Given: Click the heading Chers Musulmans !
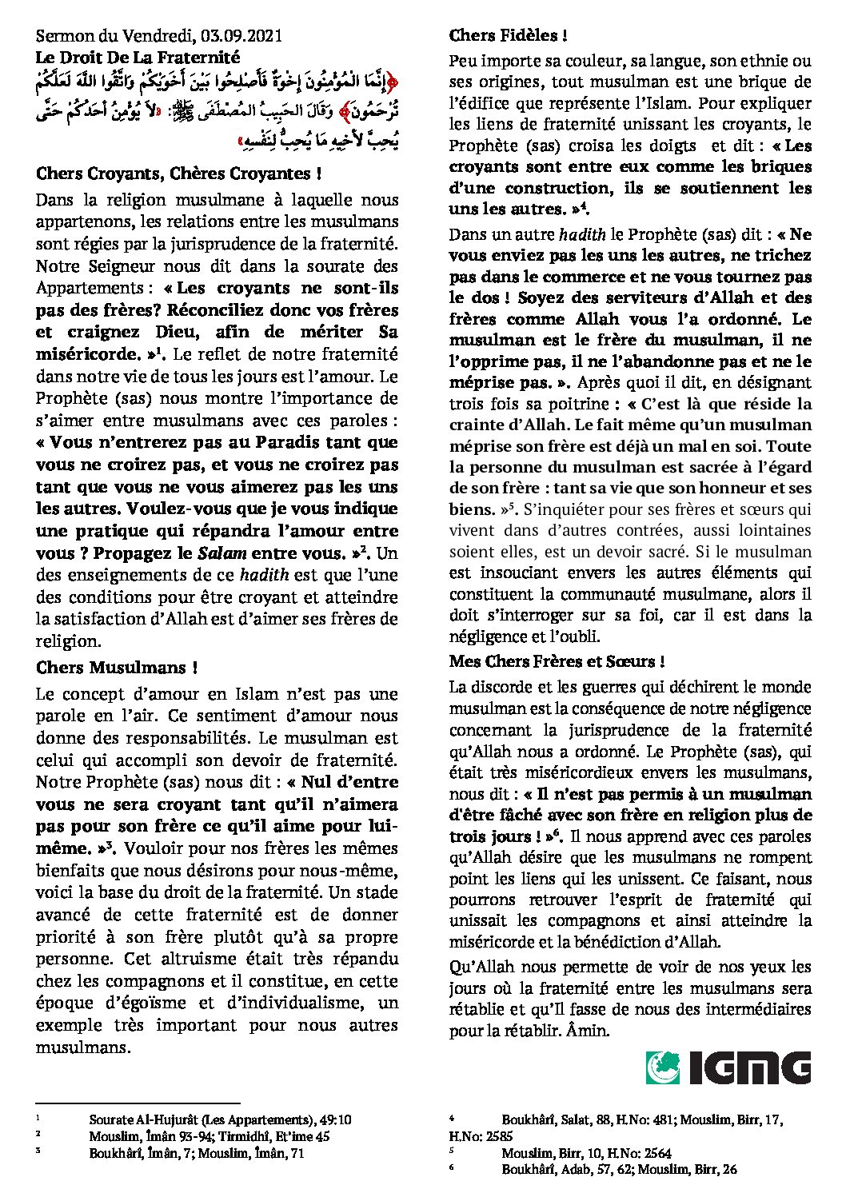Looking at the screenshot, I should click(117, 667).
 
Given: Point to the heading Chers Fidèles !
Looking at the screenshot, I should click(509, 35).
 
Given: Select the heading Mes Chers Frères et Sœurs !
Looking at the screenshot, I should click(557, 661).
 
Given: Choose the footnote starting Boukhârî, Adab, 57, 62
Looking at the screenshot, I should click(619, 1170).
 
